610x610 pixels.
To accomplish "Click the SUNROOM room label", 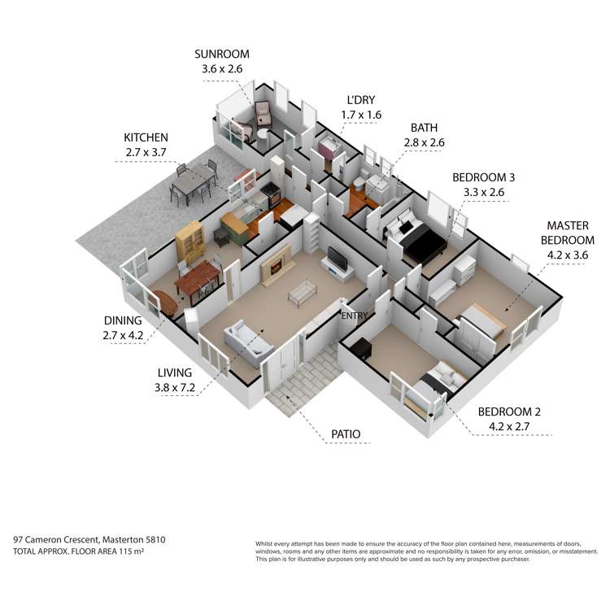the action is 222,54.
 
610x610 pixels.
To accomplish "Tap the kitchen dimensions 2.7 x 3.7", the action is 146,153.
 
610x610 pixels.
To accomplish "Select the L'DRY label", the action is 361,100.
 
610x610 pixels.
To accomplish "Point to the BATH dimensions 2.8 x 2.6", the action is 424,143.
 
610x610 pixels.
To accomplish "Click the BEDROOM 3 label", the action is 484,177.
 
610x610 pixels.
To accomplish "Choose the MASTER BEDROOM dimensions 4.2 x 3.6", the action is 568,255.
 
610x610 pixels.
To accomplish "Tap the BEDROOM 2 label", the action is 509,412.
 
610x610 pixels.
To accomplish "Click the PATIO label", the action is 346,434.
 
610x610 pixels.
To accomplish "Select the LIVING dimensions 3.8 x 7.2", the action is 175,387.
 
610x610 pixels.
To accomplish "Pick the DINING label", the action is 123,320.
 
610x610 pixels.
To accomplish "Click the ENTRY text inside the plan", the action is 355,316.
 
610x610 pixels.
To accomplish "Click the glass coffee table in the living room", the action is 303,292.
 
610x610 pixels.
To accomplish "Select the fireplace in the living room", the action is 277,265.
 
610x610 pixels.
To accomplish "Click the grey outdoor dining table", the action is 194,181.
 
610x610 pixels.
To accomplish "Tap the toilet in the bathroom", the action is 359,184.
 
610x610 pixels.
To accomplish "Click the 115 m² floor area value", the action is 131,551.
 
